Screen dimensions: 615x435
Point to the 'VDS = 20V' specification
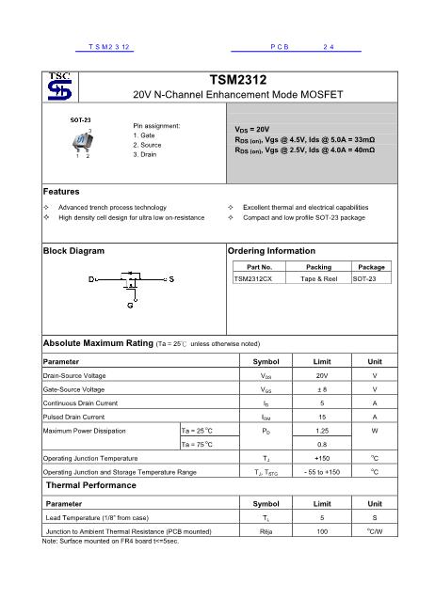pyautogui.click(x=252, y=129)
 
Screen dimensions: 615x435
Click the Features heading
pyautogui.click(x=61, y=192)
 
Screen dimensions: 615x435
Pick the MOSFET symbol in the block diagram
pyautogui.click(x=131, y=280)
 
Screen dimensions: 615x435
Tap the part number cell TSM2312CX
pyautogui.click(x=253, y=279)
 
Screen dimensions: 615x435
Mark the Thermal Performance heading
pyautogui.click(x=90, y=485)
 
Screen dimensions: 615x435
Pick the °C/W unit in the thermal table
pyautogui.click(x=374, y=531)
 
